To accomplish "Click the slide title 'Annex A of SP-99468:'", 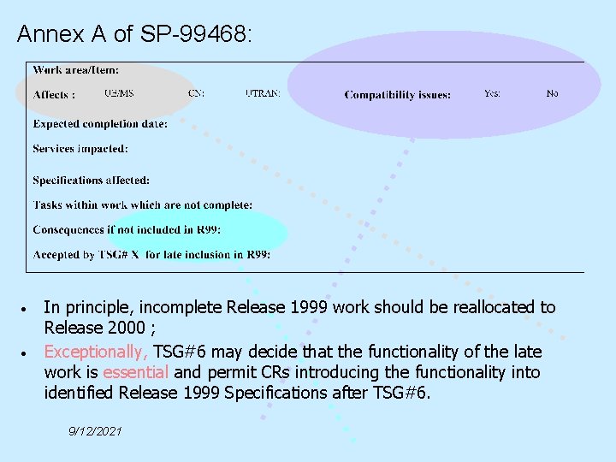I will pos(135,34).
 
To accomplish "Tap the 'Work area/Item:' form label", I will pos(76,69).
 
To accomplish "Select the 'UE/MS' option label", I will pos(119,93).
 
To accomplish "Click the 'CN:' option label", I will pos(196,93).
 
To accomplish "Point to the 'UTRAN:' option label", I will pos(262,93).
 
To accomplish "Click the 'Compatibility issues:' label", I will pos(398,95).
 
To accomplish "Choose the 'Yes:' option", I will pos(492,93).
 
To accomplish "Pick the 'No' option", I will pos(552,93).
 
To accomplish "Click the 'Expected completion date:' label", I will pos(100,124).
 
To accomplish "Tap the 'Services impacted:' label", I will pos(80,149).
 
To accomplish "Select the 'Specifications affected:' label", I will pos(92,181).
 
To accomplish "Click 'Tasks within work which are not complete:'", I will pos(143,205).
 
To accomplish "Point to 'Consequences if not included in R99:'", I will pos(127,229).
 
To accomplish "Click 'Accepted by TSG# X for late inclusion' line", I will pos(151,254).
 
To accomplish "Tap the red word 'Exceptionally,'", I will pos(96,352).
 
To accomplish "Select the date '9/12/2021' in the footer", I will pos(95,431).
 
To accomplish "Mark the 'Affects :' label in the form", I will pos(54,95).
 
